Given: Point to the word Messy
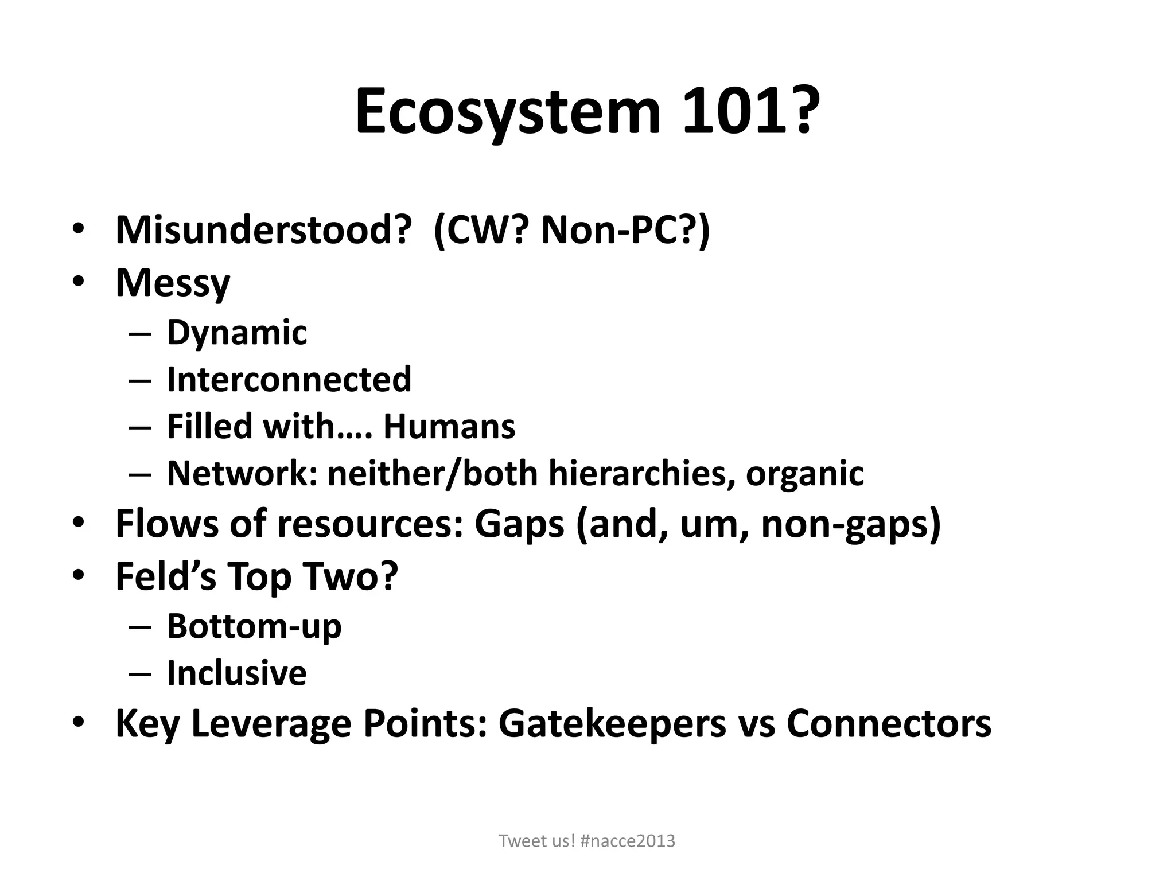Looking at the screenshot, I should tap(173, 283).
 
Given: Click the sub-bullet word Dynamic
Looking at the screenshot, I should tap(237, 332).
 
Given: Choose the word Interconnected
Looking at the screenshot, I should tap(289, 379).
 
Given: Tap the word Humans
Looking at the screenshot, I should tap(449, 427).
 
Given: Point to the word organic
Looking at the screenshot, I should tap(804, 473).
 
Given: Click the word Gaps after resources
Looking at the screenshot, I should tap(519, 524).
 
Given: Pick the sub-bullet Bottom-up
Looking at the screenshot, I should tap(254, 626).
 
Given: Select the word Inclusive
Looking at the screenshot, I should tap(236, 673).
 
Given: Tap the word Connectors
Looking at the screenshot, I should tap(889, 723).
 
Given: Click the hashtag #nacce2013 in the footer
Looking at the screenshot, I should tap(628, 841).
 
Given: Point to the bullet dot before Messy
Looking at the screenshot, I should tap(79, 283).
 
